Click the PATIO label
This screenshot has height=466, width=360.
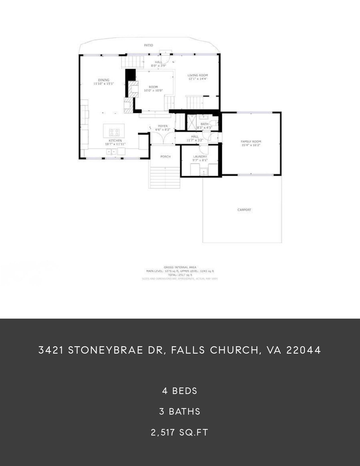click(148, 45)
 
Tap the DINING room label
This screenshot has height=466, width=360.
click(104, 80)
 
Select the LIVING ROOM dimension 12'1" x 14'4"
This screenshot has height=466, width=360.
click(198, 79)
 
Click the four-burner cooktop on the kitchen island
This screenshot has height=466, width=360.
click(114, 132)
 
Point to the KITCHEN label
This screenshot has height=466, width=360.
click(115, 140)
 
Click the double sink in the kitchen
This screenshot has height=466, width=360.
click(111, 152)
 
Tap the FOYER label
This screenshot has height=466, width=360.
click(163, 126)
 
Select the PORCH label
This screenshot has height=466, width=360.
click(165, 156)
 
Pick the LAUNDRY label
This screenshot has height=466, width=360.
click(200, 156)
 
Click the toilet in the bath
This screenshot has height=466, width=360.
click(215, 123)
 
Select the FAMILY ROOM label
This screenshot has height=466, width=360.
click(251, 141)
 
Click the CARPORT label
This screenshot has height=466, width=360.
click(244, 210)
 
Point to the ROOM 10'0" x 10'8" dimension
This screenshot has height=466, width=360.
click(154, 91)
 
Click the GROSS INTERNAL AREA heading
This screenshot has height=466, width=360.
click(180, 267)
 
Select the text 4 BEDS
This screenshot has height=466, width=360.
click(180, 391)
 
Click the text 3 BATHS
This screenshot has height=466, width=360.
click(180, 411)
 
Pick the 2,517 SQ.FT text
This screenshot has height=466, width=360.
click(180, 432)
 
